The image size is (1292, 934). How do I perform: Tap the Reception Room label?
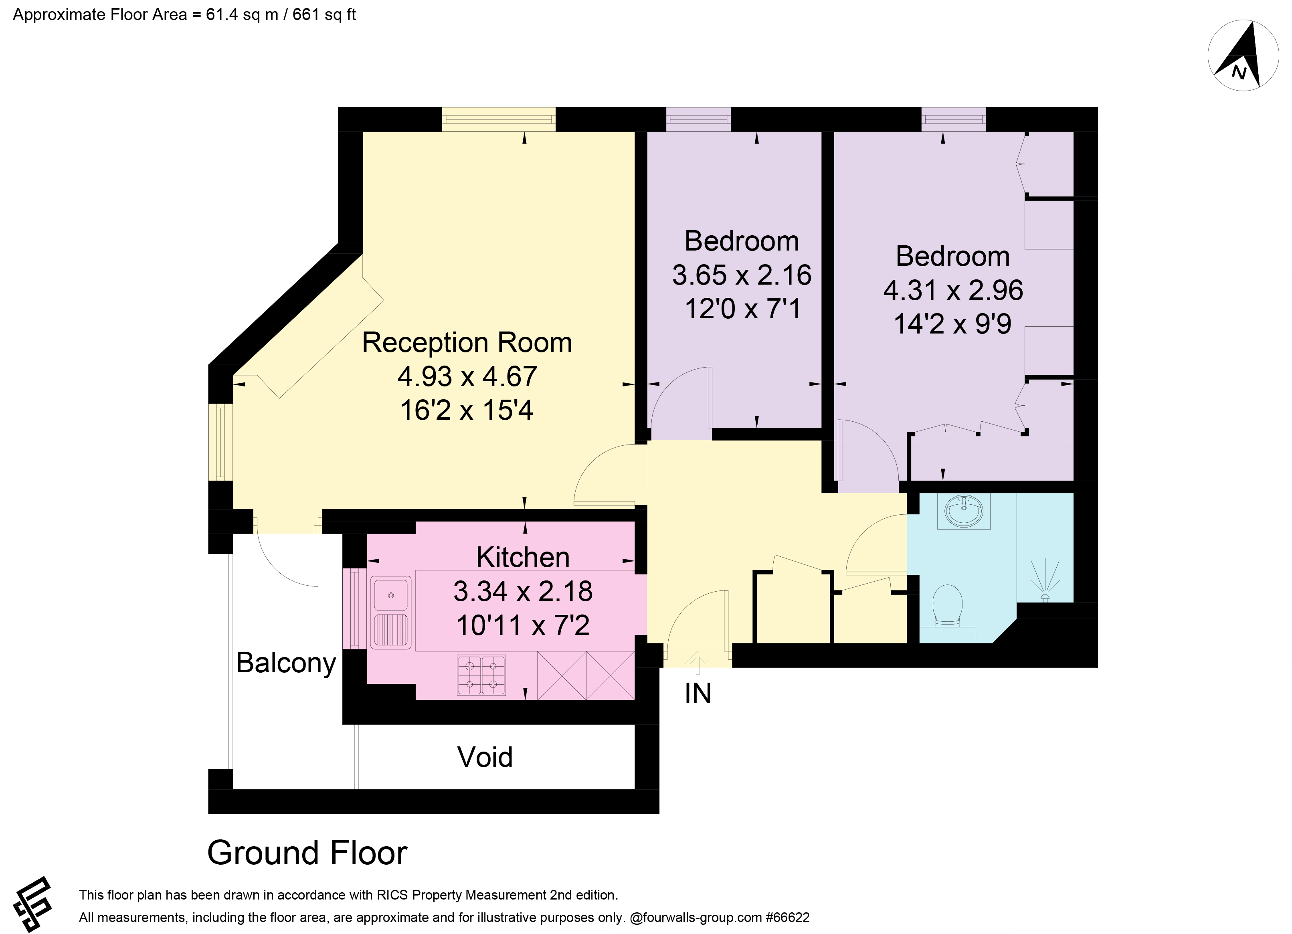coord(467,343)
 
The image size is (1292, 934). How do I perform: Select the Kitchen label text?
coord(523,558)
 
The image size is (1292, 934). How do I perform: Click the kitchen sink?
coord(391,613)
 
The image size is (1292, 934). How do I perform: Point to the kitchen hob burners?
coord(481,675)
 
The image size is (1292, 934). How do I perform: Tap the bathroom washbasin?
coord(963,511)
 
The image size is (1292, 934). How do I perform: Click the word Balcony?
coord(286,663)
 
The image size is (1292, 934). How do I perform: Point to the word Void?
coord(485,758)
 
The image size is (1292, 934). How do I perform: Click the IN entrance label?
coord(698,693)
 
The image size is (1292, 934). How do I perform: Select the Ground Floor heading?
coord(307,853)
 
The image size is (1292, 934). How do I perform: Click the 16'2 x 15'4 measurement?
coord(467,410)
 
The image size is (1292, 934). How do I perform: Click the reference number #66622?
coord(788,918)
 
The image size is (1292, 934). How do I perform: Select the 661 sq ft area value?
coord(324,15)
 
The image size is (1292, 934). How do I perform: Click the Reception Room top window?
coord(498,119)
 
